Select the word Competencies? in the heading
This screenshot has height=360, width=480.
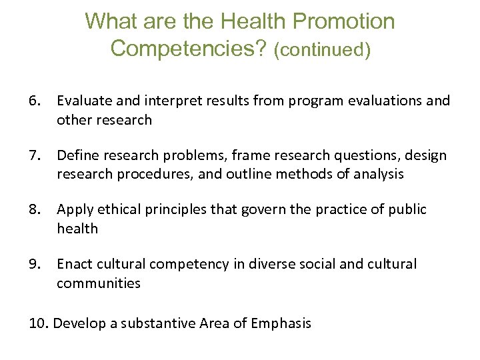(x=189, y=49)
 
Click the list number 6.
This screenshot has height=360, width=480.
(x=35, y=101)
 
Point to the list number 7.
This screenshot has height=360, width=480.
(x=35, y=155)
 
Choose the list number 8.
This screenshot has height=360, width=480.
(x=35, y=209)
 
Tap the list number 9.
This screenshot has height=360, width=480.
(x=35, y=264)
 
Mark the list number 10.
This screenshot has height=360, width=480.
(x=39, y=323)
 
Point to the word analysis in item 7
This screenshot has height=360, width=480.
(x=380, y=174)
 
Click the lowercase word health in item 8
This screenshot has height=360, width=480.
(x=77, y=229)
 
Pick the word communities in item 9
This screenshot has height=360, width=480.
(x=99, y=283)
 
